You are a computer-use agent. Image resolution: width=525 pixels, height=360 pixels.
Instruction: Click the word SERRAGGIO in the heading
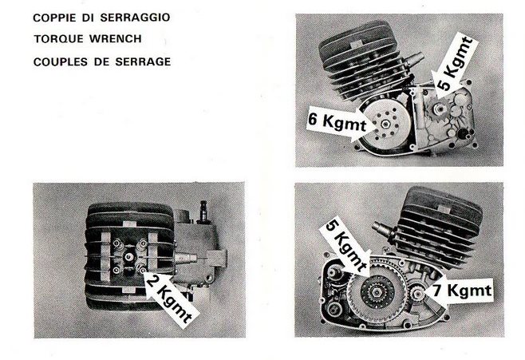point(136,18)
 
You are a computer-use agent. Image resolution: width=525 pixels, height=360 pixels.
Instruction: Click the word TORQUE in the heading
point(58,39)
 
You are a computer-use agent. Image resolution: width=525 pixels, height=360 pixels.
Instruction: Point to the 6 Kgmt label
point(337,123)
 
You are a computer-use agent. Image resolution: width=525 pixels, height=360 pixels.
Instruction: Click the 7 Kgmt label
point(462,291)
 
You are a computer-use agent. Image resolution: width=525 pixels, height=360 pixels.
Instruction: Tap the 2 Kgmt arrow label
point(170,299)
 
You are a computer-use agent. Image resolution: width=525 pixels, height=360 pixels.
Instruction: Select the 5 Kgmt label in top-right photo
point(454,66)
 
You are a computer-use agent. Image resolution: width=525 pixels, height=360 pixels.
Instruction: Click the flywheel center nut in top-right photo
point(385,125)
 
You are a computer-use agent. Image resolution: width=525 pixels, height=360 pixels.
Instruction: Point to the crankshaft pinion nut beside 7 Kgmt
point(418,294)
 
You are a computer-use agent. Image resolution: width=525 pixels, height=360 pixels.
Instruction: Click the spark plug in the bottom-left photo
point(128,256)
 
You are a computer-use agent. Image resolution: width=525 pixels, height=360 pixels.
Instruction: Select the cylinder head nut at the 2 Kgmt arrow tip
point(142,269)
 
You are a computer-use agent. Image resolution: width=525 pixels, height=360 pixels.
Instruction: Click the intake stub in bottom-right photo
point(382,228)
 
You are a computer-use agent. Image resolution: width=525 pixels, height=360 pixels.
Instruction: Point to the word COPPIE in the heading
point(54,18)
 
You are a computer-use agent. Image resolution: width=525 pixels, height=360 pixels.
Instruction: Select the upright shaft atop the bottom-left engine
point(203,212)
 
